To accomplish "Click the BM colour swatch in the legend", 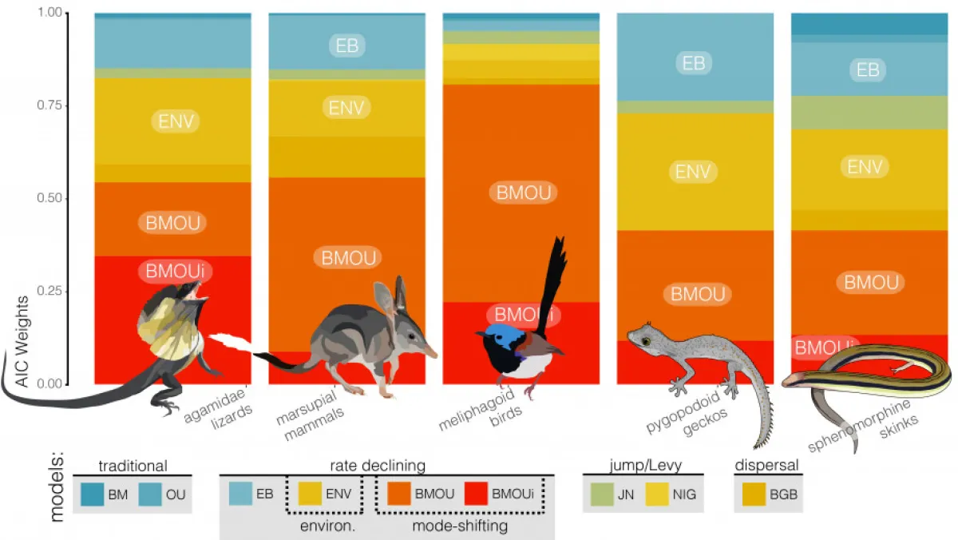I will point(92,494).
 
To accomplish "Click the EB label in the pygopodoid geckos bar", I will point(694,63).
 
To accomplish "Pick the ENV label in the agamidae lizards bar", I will point(175,121).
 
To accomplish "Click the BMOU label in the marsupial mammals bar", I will point(347,257).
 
